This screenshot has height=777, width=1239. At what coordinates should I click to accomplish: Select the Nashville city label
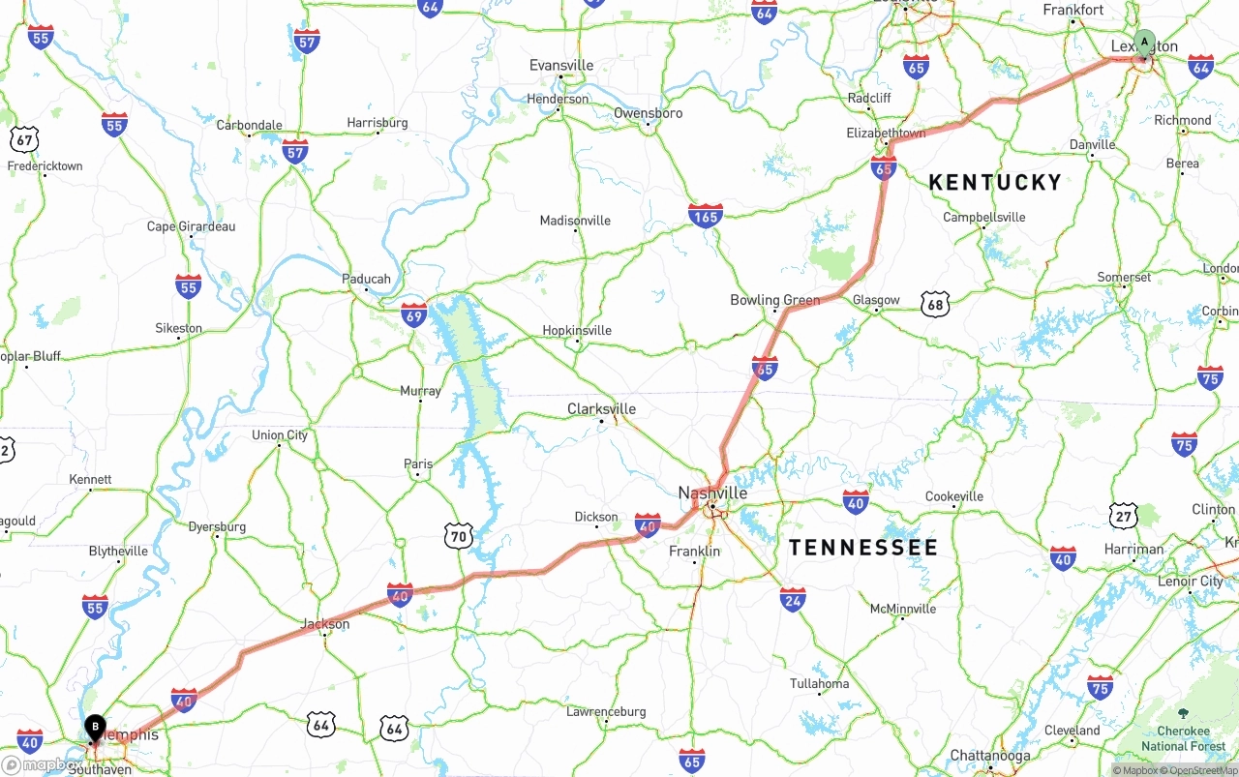pyautogui.click(x=712, y=493)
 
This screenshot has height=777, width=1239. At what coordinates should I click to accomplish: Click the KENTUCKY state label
pyautogui.click(x=995, y=182)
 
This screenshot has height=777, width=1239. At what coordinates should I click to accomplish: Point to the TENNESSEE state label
pyautogui.click(x=862, y=548)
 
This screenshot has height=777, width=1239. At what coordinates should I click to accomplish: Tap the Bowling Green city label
pyautogui.click(x=774, y=300)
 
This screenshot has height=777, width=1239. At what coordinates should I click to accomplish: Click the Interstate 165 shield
pyautogui.click(x=706, y=216)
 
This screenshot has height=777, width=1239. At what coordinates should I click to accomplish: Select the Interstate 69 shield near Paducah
pyautogui.click(x=414, y=314)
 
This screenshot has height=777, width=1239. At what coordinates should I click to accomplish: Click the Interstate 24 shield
pyautogui.click(x=793, y=600)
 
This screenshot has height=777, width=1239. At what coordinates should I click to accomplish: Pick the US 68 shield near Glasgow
pyautogui.click(x=935, y=304)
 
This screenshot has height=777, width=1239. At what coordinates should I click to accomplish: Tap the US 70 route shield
pyautogui.click(x=459, y=535)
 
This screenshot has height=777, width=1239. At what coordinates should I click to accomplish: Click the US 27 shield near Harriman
pyautogui.click(x=1124, y=516)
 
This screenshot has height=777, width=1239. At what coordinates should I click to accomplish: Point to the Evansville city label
pyautogui.click(x=561, y=65)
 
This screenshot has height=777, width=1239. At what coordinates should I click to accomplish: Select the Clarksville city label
pyautogui.click(x=601, y=409)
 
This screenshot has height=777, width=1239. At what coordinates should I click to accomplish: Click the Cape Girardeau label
pyautogui.click(x=191, y=226)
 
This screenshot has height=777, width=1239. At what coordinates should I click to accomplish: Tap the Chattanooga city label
pyautogui.click(x=989, y=756)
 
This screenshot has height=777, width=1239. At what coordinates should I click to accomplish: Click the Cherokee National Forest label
pyautogui.click(x=1183, y=738)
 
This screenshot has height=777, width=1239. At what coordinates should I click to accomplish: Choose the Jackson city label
pyautogui.click(x=324, y=624)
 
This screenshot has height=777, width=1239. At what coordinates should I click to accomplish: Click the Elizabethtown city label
pyautogui.click(x=886, y=133)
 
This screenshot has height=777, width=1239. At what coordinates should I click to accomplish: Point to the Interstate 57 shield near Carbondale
pyautogui.click(x=295, y=150)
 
